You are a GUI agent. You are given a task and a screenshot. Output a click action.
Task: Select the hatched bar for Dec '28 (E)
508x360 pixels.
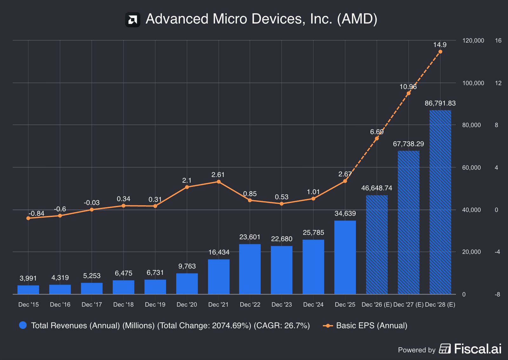(x=440, y=202)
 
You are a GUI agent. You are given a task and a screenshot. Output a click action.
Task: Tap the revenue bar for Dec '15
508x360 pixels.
(x=28, y=289)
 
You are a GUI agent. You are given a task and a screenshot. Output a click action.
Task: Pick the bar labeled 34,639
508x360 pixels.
(x=345, y=257)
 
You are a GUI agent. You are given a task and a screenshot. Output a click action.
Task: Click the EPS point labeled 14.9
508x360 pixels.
(x=440, y=52)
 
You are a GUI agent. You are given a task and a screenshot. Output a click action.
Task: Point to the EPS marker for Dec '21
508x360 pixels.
(x=218, y=182)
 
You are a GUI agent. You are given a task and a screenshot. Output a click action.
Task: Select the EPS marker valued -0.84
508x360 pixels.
(x=28, y=218)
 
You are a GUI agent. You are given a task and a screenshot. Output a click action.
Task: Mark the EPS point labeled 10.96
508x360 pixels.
(x=409, y=93)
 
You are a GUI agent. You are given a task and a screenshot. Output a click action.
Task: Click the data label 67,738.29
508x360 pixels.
(x=408, y=144)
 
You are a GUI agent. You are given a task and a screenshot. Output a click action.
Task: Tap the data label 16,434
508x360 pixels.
(x=219, y=252)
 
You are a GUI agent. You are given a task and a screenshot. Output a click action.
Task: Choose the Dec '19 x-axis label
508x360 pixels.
(x=155, y=305)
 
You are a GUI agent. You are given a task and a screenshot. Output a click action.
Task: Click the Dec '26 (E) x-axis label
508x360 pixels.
(x=377, y=305)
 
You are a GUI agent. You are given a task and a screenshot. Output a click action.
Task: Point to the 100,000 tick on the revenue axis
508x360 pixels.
(x=473, y=83)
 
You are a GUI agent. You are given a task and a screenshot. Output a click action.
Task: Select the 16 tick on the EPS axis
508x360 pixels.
(x=498, y=41)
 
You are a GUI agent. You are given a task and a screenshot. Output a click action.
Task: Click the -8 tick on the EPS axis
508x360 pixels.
(x=497, y=295)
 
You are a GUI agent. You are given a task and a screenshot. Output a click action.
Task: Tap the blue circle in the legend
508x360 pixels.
(x=23, y=325)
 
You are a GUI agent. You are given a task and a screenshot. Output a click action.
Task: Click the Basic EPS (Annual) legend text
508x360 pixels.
(x=371, y=326)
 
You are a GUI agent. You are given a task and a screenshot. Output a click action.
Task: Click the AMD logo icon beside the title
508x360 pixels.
(x=133, y=20)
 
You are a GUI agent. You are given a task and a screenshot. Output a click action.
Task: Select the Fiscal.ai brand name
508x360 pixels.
(x=478, y=349)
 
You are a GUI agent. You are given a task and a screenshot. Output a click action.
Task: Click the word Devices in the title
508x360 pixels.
(x=278, y=19)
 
